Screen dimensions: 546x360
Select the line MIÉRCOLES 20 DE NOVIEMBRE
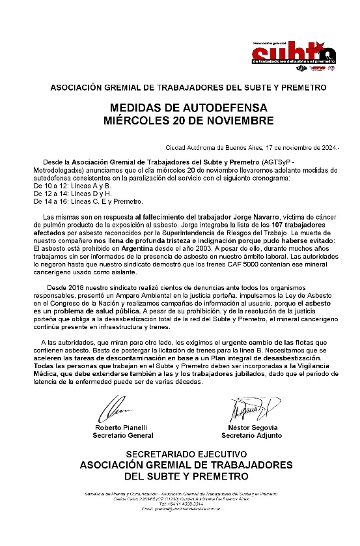(180, 120)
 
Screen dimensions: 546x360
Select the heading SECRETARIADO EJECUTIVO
(186, 453)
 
